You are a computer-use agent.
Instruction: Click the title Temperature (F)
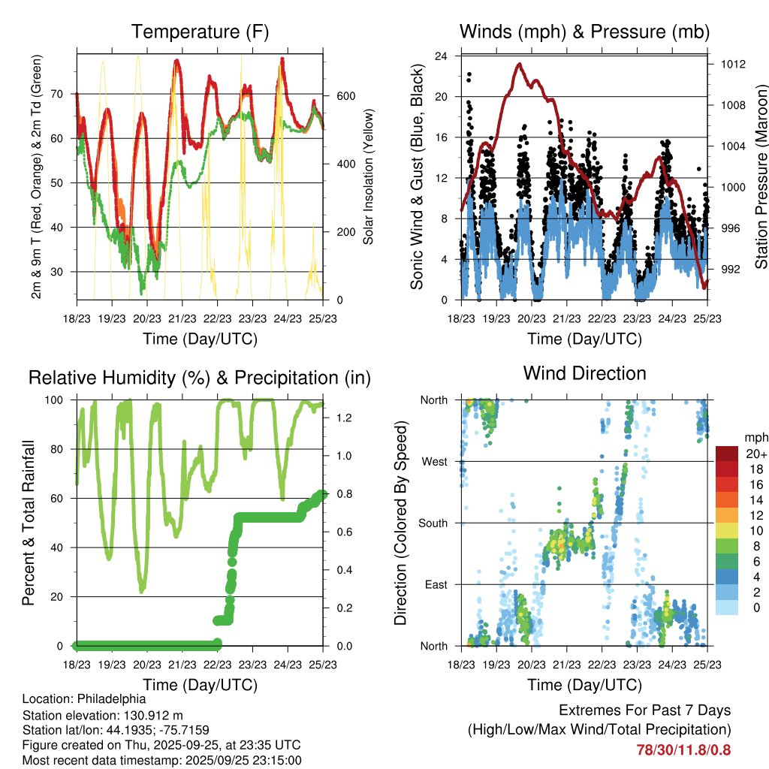[x=200, y=32]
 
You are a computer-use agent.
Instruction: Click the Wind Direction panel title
[x=584, y=373]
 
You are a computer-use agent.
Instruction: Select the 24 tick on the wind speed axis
[x=442, y=56]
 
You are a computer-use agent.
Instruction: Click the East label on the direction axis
[x=436, y=584]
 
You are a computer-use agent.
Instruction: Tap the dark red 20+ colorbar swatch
[x=726, y=454]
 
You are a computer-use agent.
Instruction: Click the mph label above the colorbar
[x=755, y=437]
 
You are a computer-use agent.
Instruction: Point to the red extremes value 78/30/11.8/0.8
[x=683, y=749]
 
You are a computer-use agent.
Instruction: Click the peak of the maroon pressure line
[x=519, y=65]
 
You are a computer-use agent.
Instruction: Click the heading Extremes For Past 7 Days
[x=644, y=710]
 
